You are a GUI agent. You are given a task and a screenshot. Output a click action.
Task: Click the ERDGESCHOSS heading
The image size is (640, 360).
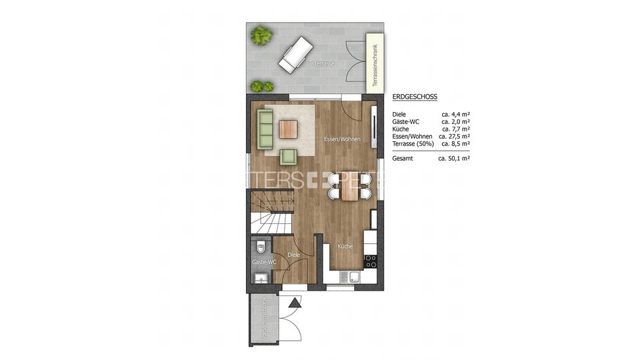pos(415,97)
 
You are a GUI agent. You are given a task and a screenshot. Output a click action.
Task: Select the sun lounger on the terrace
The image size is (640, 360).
pos(295,54)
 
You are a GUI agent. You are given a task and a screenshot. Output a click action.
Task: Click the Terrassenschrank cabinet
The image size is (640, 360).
pos(375,63)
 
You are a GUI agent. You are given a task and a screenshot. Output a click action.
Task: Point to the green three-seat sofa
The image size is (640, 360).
pos(265,130)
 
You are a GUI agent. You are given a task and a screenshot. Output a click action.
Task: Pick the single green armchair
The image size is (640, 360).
pos(288,156)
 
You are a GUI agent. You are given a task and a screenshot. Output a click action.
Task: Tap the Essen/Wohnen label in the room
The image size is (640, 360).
pos(341,139)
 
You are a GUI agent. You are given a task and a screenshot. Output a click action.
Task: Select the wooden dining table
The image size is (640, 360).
pos(349,186)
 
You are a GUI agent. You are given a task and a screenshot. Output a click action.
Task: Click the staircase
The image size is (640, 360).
pos(271,212)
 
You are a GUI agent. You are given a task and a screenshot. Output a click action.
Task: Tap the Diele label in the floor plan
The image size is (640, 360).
pos(293,255)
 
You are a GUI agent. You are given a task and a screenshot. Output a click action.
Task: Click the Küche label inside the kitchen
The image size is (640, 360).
pos(345,246)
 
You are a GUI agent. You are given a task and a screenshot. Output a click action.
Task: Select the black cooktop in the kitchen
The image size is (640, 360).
pos(370,261)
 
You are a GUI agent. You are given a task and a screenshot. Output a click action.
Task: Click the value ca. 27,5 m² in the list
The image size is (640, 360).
pos(455,136)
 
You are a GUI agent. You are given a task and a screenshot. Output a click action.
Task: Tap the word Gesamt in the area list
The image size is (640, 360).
pos(403,159)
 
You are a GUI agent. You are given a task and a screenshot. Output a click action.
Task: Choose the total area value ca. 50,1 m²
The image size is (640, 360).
pos(454,159)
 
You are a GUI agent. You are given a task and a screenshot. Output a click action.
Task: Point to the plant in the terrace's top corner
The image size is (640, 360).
pos(261,35)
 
